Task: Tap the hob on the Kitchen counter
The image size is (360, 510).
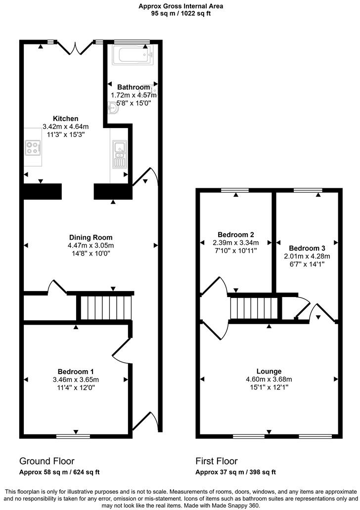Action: pos(33,147)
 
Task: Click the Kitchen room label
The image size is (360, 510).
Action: pos(66,119)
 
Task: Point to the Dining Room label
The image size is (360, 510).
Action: pos(90,237)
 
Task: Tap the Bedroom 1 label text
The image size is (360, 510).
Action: pos(76,372)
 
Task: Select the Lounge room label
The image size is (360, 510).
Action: pos(269,371)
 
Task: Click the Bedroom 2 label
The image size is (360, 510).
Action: pos(236,234)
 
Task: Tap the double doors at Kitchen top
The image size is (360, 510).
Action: pos(75,47)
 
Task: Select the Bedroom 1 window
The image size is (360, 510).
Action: pos(73,436)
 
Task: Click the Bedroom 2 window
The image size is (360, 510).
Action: pos(235,190)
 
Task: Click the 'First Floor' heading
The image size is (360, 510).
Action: pos(217,461)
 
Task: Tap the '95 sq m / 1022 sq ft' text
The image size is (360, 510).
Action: pos(180,14)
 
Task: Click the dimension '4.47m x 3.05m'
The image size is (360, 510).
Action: pos(90,245)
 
